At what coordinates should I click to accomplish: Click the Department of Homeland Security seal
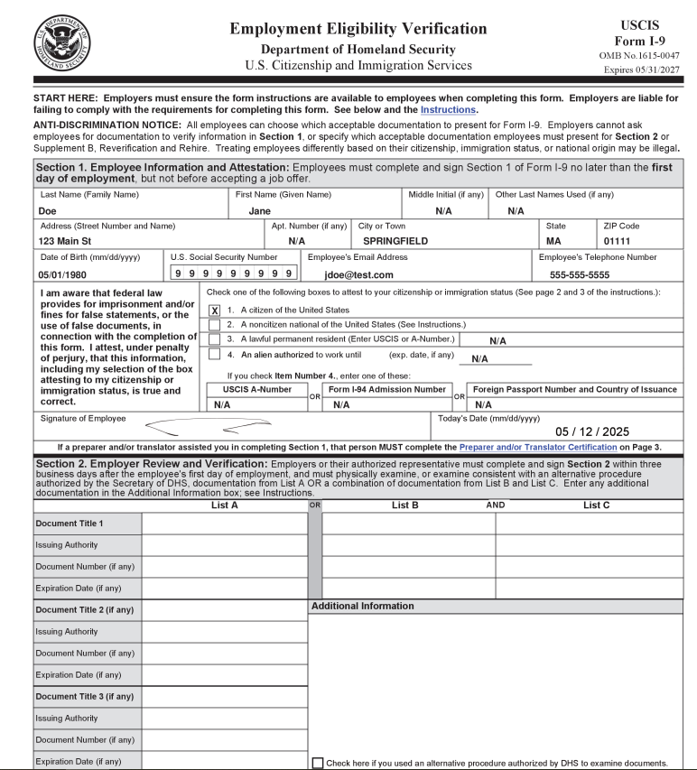[62, 42]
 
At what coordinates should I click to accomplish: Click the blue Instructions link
[449, 110]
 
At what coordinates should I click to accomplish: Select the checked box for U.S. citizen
[214, 310]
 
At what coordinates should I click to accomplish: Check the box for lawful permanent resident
[214, 339]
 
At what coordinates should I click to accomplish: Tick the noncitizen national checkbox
[214, 324]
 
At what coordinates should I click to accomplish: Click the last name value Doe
[49, 211]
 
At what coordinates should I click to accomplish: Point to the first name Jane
[260, 211]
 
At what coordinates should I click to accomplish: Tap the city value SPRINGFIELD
[395, 241]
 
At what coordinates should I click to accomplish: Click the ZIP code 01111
[617, 241]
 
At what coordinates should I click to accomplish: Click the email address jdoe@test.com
[359, 274]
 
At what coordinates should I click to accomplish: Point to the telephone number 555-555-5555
[580, 274]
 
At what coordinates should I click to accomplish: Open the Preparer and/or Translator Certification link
[538, 447]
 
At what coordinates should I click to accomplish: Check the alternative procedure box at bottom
[318, 763]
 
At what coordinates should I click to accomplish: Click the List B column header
[405, 506]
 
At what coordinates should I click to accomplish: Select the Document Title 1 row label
[70, 524]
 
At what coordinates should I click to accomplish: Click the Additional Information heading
[363, 606]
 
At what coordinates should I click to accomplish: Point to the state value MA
[553, 241]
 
